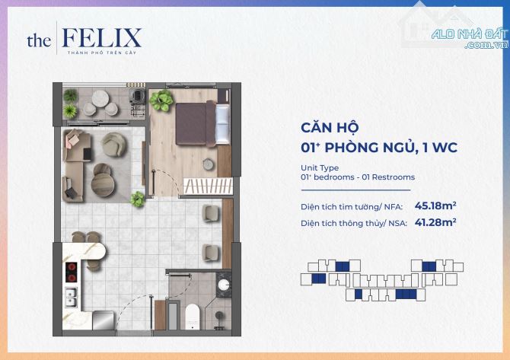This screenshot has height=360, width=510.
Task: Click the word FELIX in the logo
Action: (x=101, y=38)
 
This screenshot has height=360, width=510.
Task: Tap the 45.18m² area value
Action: (x=435, y=205)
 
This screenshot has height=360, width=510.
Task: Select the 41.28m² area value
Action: (x=435, y=222)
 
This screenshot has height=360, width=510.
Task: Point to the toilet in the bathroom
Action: (x=193, y=317)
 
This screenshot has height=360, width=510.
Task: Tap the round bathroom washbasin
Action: (x=224, y=285)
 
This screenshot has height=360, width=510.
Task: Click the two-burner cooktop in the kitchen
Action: (x=72, y=272)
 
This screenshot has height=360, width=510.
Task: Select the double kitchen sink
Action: (x=71, y=298)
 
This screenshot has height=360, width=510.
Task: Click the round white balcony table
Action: (x=100, y=98)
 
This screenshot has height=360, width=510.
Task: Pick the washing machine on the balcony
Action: (x=137, y=95)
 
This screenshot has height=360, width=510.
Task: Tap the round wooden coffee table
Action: (x=103, y=184)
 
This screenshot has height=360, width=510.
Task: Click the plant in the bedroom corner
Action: (x=161, y=100)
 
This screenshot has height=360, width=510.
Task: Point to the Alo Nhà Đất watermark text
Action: (x=470, y=38)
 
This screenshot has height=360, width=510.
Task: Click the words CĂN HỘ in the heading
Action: (x=330, y=127)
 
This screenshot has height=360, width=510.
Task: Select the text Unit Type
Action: (x=320, y=167)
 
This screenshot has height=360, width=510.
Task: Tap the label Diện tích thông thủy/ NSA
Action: (x=353, y=224)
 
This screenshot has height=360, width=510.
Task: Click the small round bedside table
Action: (x=208, y=164)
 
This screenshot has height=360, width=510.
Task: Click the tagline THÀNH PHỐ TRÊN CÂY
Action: (x=102, y=53)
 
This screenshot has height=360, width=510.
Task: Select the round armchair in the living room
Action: (x=114, y=145)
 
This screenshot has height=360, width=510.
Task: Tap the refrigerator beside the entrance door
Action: (x=104, y=320)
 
